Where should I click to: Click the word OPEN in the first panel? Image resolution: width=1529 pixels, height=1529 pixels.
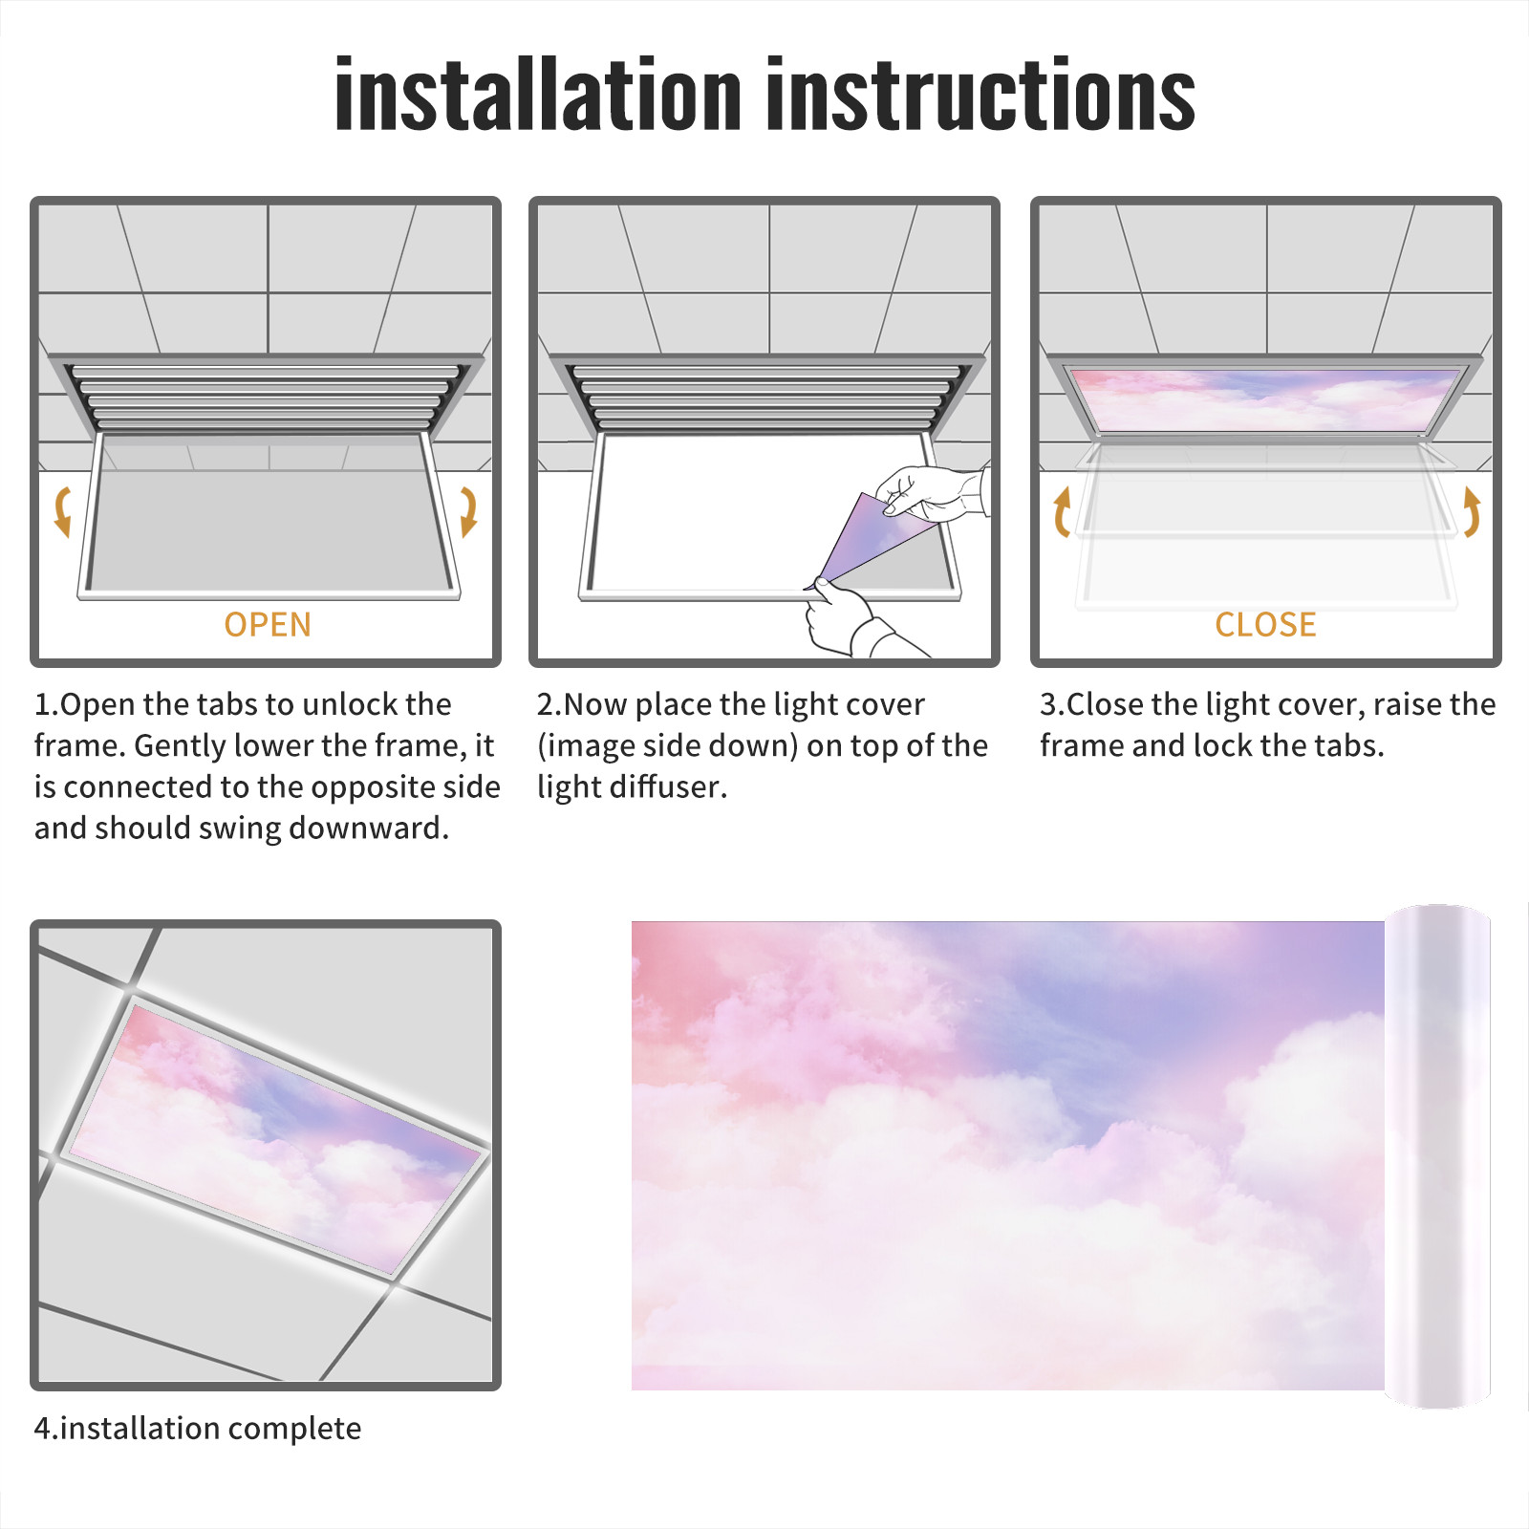click(268, 624)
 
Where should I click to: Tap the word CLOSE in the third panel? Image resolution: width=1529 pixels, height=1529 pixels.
click(1265, 624)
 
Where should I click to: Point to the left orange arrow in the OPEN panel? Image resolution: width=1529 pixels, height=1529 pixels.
click(62, 511)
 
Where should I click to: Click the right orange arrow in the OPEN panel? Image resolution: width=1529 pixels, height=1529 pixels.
click(468, 511)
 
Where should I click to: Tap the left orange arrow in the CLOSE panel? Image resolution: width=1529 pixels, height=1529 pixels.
click(1061, 511)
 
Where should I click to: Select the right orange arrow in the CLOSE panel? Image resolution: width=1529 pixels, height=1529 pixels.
click(1472, 511)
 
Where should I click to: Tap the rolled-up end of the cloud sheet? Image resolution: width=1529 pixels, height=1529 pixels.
click(1437, 1156)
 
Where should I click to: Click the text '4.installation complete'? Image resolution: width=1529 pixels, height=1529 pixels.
click(198, 1429)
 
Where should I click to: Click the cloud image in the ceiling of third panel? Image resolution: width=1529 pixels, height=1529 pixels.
click(1265, 399)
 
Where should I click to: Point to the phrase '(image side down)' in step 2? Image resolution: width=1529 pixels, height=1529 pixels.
click(668, 745)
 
